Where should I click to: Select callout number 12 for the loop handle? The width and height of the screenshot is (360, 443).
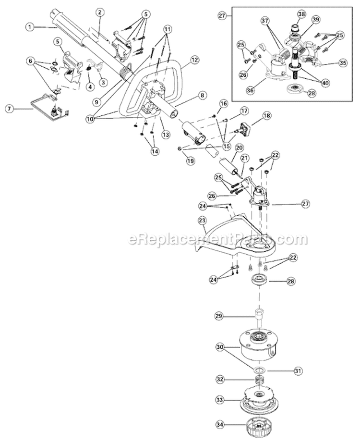tap(194, 61)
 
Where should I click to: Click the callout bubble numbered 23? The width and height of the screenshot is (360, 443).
tap(202, 220)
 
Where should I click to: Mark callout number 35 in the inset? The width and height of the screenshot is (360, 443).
tap(342, 62)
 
